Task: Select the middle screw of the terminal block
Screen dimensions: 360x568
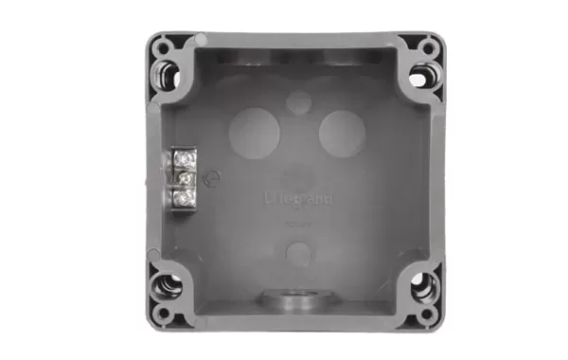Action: click(186, 177)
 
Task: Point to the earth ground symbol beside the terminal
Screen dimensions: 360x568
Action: click(213, 177)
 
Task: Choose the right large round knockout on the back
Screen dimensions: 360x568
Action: click(341, 134)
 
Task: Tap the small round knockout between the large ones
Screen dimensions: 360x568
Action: click(297, 102)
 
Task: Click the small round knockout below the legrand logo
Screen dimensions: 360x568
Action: click(298, 253)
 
